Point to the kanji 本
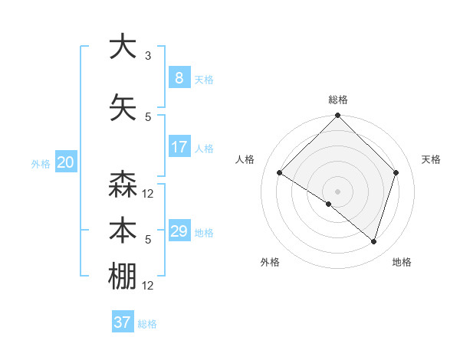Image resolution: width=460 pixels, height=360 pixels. [123, 231]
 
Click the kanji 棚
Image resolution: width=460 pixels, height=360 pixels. [123, 277]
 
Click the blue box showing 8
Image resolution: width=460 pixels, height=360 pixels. [179, 78]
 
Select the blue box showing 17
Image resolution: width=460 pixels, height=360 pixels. [179, 147]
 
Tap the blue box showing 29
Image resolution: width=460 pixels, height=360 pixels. [179, 231]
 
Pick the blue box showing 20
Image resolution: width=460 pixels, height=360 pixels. [66, 162]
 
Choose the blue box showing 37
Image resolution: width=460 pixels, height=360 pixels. [123, 322]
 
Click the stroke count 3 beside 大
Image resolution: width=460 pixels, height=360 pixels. [148, 56]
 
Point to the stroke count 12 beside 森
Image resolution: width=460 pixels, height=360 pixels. [149, 194]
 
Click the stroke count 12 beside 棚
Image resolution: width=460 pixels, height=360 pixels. [149, 286]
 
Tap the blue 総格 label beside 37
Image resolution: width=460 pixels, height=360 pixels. [147, 324]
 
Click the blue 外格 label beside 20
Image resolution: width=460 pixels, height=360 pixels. [41, 164]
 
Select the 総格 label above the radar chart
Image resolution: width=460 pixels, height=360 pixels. [337, 100]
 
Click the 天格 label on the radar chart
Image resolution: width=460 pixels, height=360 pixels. [432, 159]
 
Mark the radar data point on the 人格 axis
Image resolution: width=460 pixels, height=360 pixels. [280, 173]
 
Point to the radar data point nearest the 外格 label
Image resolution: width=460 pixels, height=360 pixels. [329, 205]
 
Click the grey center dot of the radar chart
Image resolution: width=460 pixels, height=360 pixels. [337, 191]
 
